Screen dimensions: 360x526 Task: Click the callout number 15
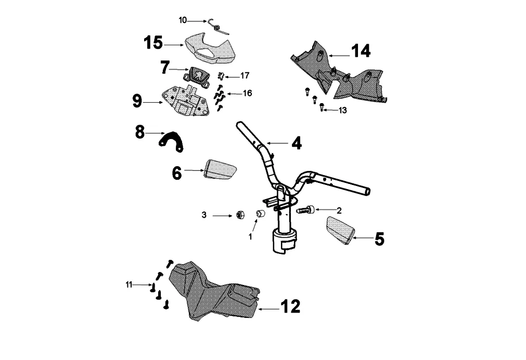coord(153,43)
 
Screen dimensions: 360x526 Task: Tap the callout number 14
coord(361,51)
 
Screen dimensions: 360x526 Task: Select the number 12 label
coord(290,307)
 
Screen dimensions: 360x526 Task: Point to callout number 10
coord(183,20)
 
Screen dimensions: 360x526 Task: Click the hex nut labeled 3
coord(240,214)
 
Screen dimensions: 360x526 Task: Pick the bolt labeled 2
coord(306,210)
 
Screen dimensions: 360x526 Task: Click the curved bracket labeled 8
coord(172,141)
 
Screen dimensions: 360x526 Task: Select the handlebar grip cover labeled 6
coord(221,171)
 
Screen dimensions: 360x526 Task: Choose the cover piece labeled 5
coord(340,230)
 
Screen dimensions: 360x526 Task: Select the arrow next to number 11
coord(142,284)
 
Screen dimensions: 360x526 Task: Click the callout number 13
coord(342,110)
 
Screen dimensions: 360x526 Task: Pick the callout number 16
coord(247,93)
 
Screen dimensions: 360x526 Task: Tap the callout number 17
coord(245,76)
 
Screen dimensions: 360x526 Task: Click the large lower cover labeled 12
coord(213,294)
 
